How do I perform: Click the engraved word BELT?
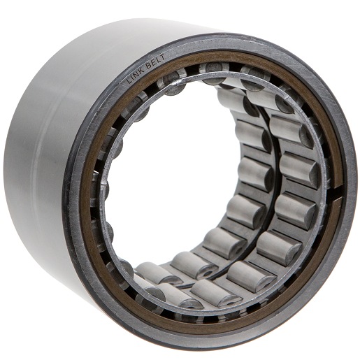[x=156, y=61]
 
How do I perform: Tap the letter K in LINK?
[x=141, y=70]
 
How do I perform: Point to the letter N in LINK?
[x=136, y=73]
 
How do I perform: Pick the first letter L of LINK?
[x=129, y=80]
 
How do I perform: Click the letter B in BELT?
[x=149, y=65]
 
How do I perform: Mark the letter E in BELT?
[x=153, y=62]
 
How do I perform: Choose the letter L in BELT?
[x=157, y=59]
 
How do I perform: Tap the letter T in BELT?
[x=162, y=57]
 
